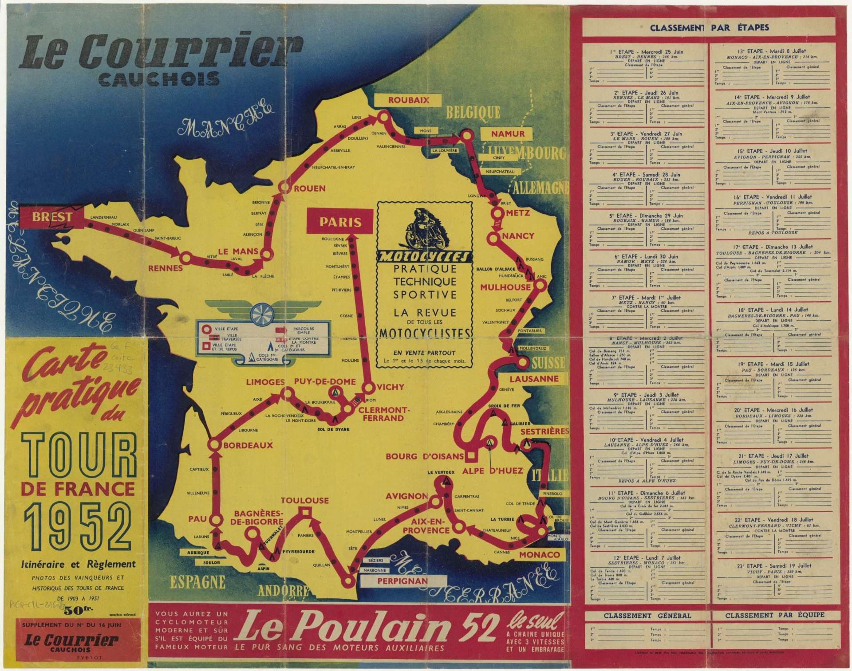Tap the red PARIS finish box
(x=341, y=222)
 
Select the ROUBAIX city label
(x=409, y=100)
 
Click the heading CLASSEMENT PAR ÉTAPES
(x=709, y=28)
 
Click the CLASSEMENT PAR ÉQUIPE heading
(x=774, y=615)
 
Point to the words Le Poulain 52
(x=368, y=631)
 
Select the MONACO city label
(x=539, y=555)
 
